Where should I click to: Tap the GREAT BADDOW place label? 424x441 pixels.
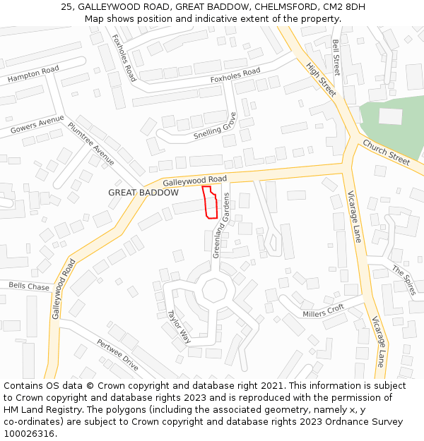tap(139, 193)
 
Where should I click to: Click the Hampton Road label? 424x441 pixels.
tap(33, 75)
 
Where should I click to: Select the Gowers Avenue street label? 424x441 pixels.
tap(37, 126)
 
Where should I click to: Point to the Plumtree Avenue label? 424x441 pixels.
tap(91, 144)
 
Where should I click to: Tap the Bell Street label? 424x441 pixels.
tap(336, 58)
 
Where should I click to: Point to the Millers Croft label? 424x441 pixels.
tap(323, 310)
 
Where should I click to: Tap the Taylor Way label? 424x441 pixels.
tap(179, 325)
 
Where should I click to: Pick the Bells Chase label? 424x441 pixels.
tap(29, 286)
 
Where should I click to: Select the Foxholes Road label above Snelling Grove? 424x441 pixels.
tap(235, 75)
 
